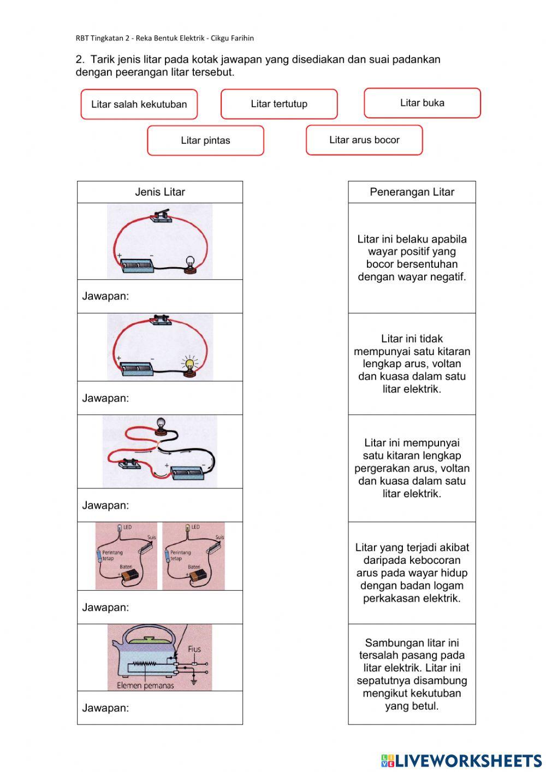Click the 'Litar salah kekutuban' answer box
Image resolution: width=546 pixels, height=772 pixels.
[139, 104]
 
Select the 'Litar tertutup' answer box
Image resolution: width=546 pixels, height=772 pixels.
[279, 104]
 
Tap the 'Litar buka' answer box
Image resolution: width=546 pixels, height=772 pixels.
[422, 103]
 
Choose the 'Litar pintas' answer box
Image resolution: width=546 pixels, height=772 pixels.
[205, 140]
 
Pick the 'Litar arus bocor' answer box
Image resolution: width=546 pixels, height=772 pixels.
[364, 140]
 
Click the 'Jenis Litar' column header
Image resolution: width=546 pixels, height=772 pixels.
[160, 192]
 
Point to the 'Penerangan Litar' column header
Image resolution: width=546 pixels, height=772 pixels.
[412, 192]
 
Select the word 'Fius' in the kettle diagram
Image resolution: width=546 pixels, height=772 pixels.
[194, 649]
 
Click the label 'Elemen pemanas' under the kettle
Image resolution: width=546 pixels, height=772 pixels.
[145, 685]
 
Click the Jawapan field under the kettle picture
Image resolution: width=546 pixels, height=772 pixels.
[160, 708]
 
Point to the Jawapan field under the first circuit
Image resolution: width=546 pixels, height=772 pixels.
[160, 296]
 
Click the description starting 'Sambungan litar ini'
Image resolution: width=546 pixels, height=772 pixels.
[412, 674]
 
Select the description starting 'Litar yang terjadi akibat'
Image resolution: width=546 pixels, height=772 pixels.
[412, 573]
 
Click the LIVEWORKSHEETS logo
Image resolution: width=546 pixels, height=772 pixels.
[461, 760]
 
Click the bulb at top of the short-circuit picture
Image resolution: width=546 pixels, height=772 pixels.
[161, 423]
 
